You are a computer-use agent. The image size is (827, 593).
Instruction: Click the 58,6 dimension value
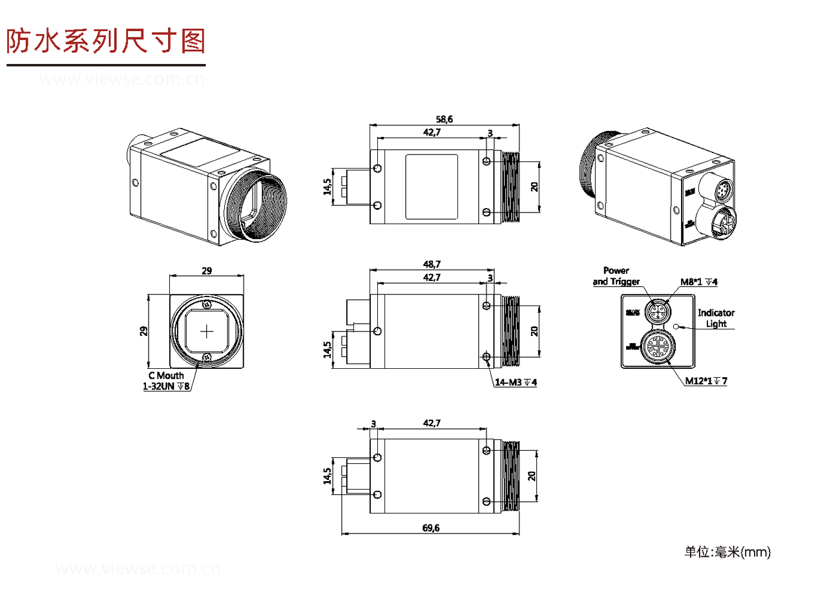click(444, 120)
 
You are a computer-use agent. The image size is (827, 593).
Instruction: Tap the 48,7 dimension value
click(431, 265)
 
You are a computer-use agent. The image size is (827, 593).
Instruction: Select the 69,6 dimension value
click(431, 528)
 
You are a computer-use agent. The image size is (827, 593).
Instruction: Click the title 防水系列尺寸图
click(105, 41)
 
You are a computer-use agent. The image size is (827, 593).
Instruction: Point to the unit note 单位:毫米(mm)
click(728, 552)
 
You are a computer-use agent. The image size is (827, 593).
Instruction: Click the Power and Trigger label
click(616, 276)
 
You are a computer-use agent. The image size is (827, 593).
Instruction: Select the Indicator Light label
click(716, 318)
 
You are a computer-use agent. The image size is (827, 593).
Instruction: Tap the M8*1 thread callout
click(699, 282)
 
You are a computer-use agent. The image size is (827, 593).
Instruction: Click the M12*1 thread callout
click(706, 380)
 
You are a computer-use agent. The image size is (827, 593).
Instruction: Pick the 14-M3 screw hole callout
click(516, 382)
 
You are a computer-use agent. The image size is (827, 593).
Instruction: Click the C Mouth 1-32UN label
click(166, 381)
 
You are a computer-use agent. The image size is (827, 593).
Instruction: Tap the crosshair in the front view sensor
click(207, 331)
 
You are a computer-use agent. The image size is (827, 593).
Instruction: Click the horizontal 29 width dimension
click(207, 271)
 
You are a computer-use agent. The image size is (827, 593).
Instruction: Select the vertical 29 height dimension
click(144, 331)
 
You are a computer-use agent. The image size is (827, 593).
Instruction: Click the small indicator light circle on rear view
click(677, 327)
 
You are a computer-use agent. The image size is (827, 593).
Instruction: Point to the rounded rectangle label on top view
click(432, 187)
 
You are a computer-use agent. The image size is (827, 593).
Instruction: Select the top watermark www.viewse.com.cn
click(122, 80)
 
